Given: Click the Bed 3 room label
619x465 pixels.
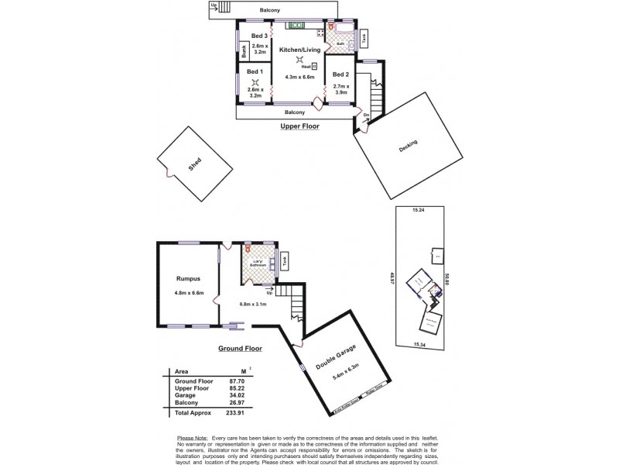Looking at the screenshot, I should point(260,36).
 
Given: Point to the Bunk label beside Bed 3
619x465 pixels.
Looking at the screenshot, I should point(242,53).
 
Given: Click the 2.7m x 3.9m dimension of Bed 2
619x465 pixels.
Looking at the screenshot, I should point(340,89).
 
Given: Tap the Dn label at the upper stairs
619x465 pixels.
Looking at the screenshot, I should point(365,116).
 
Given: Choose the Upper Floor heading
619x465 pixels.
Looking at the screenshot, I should point(299,126).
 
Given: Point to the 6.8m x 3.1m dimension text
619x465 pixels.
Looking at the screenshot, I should point(252,303).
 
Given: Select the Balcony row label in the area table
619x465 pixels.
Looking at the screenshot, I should point(188,402).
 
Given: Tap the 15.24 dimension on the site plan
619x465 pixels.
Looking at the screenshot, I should point(419,210).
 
